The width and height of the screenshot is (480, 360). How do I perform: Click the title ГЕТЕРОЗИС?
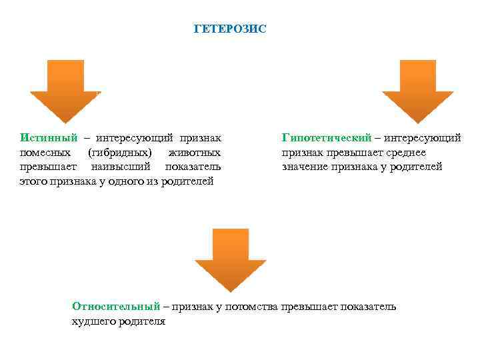tap(229, 29)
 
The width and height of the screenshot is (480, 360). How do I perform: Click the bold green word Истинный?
tap(49, 138)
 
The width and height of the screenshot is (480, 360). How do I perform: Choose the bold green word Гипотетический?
tap(326, 138)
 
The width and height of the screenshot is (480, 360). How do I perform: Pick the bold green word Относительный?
tap(116, 307)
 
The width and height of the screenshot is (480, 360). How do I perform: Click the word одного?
tap(127, 181)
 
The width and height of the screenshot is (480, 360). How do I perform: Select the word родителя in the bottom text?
tap(141, 321)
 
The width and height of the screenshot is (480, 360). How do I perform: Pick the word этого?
tap(33, 181)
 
